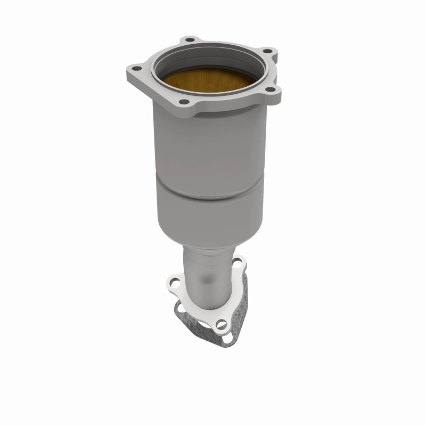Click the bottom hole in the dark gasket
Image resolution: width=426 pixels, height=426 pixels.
click(x=226, y=337)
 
